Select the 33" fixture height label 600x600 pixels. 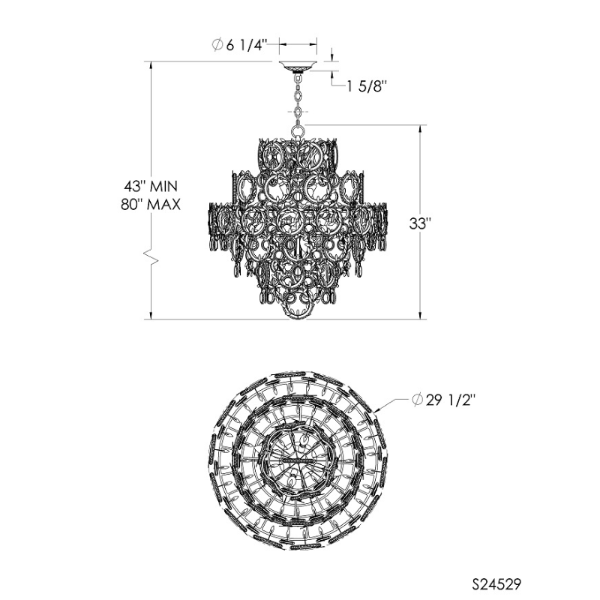[x=420, y=223]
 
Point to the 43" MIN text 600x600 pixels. [x=151, y=186]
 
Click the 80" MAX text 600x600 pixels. [x=151, y=205]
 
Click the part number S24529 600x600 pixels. [x=496, y=584]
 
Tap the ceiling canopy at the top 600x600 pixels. [x=298, y=66]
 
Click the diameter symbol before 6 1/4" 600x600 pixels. [x=217, y=45]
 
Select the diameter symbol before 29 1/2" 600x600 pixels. [x=418, y=400]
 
